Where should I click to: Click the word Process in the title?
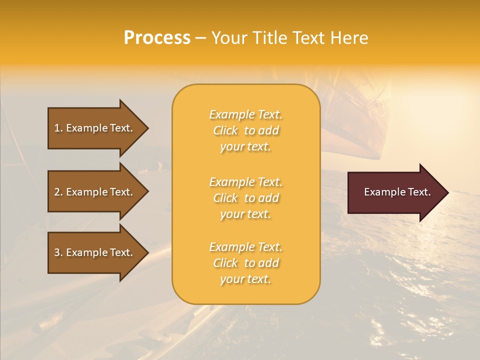(x=157, y=38)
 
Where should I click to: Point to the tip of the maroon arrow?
(x=446, y=192)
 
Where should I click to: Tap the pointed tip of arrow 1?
(x=146, y=128)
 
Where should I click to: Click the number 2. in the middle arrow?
(x=58, y=192)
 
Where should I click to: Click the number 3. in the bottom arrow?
(x=58, y=252)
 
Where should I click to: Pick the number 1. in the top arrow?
(x=58, y=128)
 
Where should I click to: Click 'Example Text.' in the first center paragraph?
(x=245, y=114)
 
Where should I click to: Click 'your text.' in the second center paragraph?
(x=245, y=214)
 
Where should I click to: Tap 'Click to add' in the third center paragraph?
(x=245, y=263)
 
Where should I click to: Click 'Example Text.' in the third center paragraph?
(x=245, y=247)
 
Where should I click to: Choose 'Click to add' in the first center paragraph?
(x=245, y=130)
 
